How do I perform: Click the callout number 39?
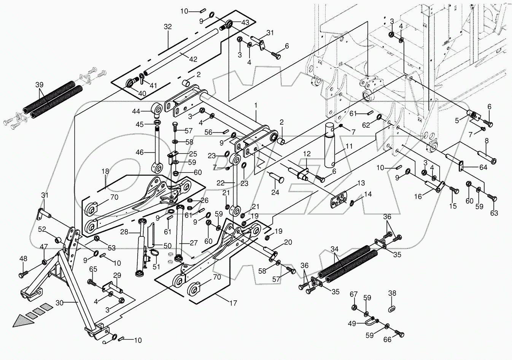[39, 85]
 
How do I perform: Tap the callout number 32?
[167, 27]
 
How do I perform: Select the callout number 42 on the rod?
[193, 59]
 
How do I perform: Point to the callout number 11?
[349, 146]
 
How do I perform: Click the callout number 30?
[59, 303]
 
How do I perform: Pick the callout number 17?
[234, 303]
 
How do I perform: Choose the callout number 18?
[105, 171]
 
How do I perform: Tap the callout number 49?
[352, 324]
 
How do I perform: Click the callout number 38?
[392, 293]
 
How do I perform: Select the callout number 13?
[361, 183]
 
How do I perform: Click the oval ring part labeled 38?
[392, 309]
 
